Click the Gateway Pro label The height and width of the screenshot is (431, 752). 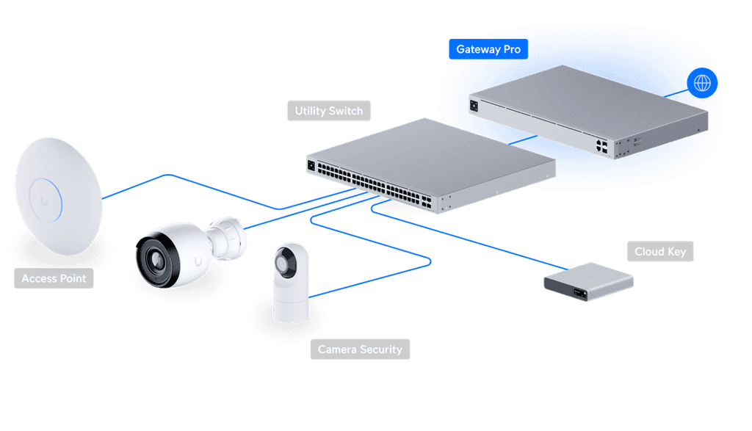click(488, 50)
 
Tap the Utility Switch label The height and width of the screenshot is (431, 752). click(328, 111)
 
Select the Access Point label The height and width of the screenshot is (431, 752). click(54, 279)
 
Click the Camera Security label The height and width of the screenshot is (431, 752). click(360, 349)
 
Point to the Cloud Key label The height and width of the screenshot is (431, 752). click(660, 252)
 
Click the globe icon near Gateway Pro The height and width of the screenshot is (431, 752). click(702, 83)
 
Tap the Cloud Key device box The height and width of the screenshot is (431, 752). click(587, 282)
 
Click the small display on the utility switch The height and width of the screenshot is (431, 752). click(311, 165)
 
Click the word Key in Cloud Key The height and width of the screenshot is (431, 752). click(676, 252)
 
